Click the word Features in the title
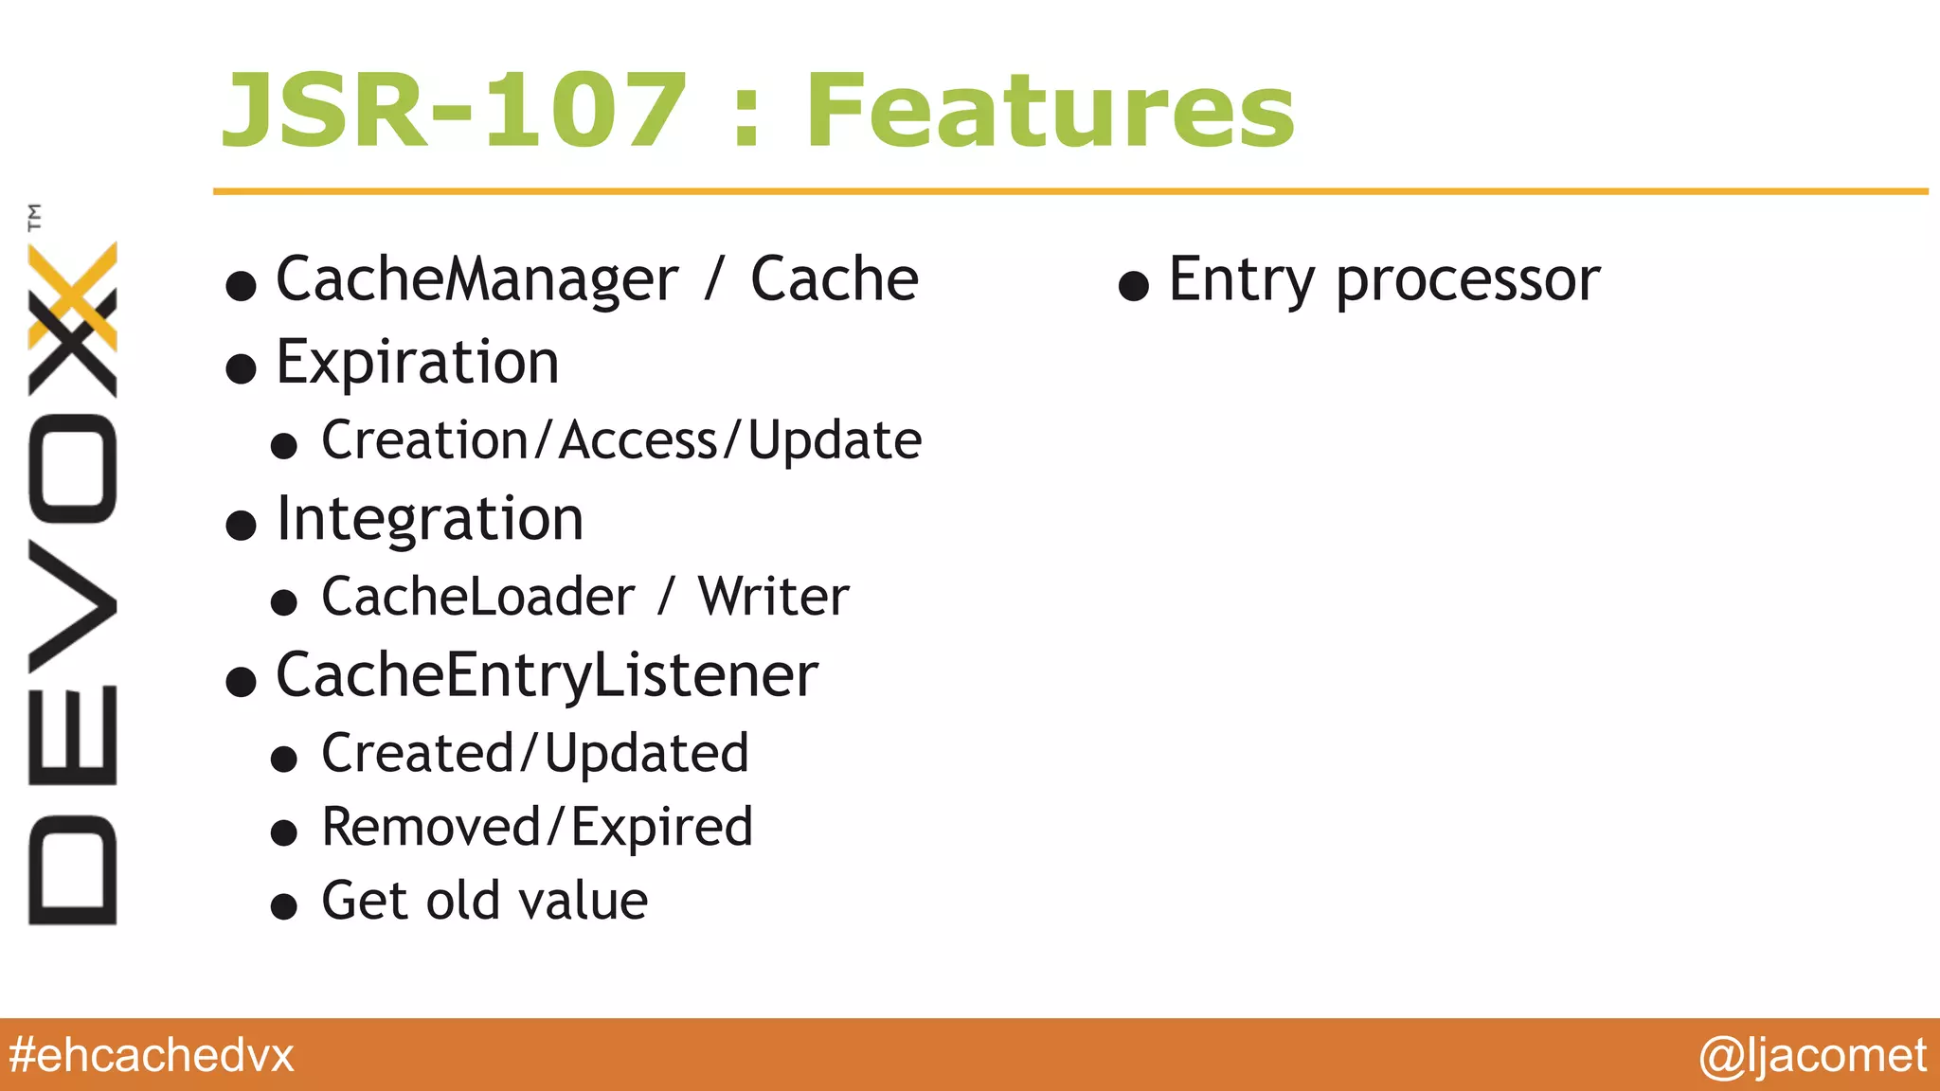click(1050, 112)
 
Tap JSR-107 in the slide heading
click(453, 112)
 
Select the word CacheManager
click(476, 279)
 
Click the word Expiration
click(418, 363)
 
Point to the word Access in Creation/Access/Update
click(638, 441)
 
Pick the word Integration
click(429, 520)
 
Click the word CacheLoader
click(477, 598)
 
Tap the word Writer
click(773, 598)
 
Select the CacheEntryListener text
click(547, 676)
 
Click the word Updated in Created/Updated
click(646, 754)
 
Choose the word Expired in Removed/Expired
click(661, 828)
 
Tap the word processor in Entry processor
click(1467, 281)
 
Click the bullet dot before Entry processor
click(1134, 286)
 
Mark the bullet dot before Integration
click(242, 525)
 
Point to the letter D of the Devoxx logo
click(73, 869)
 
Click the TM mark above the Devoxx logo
click(35, 218)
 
